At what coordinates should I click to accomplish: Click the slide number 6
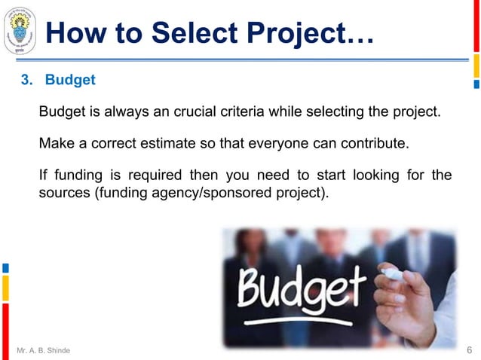(x=469, y=350)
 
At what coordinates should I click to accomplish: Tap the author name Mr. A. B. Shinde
(x=44, y=350)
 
